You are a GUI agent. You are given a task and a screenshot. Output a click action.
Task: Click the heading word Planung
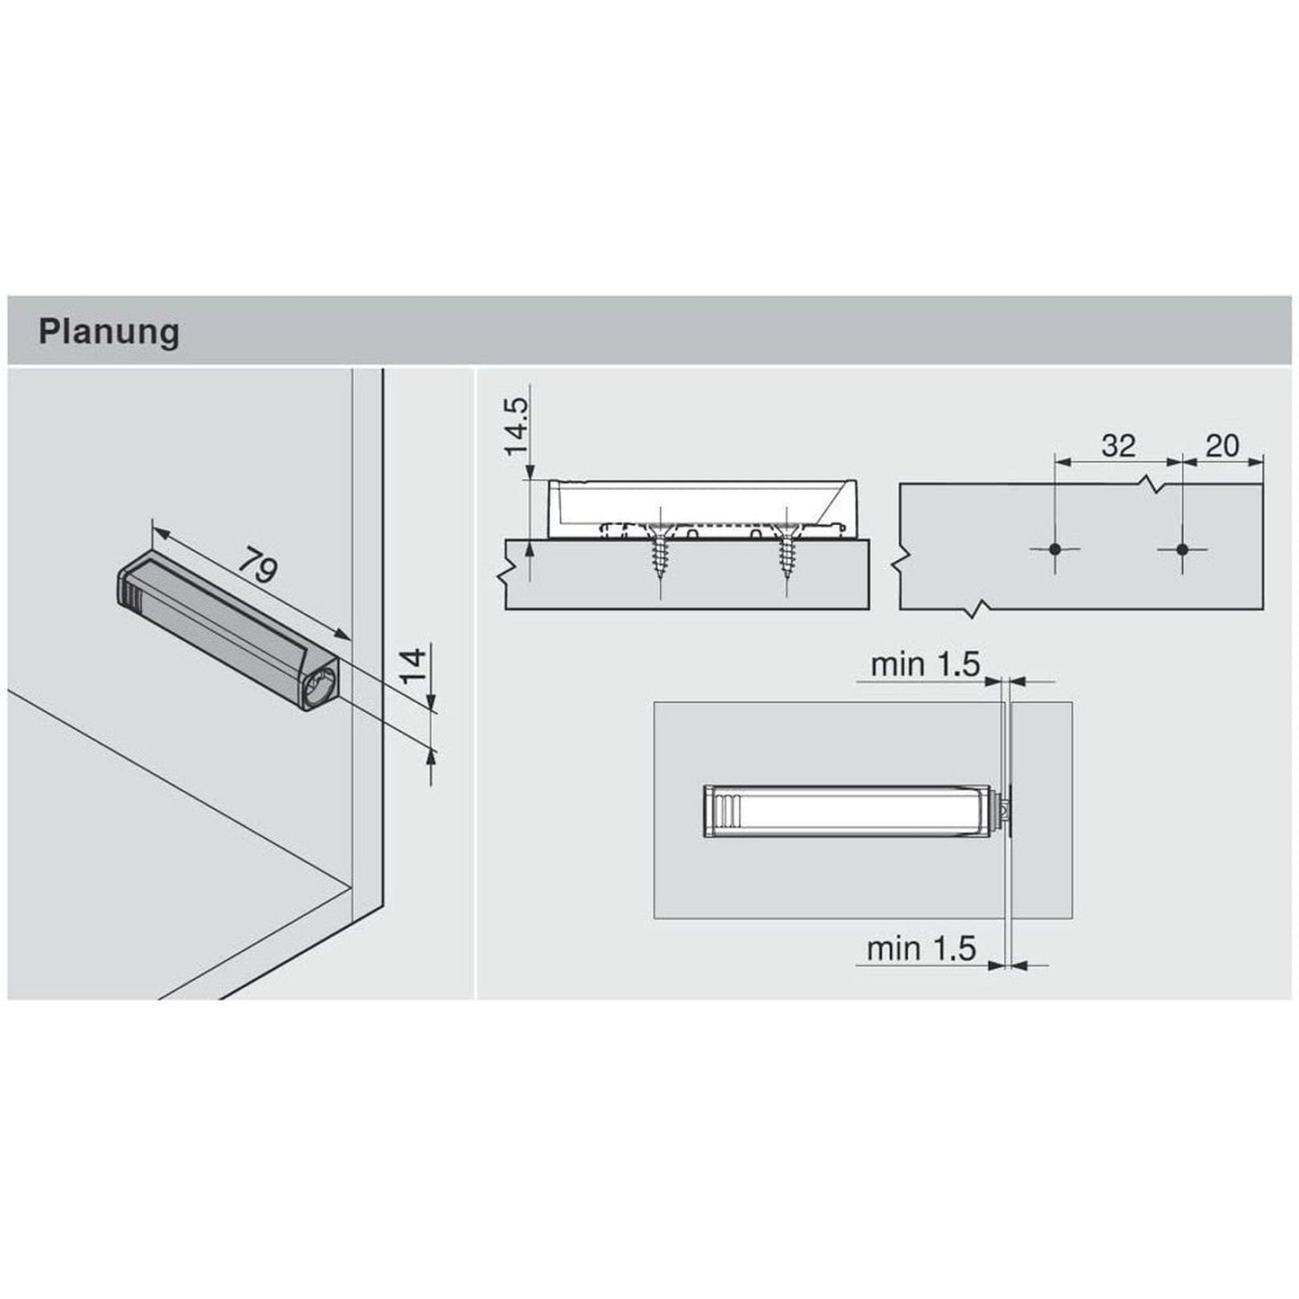coord(108,332)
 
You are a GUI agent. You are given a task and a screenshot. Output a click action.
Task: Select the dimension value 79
coord(258,568)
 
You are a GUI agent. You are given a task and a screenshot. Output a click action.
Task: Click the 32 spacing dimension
coord(1117,445)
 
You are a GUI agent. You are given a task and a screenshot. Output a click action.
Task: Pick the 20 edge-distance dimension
coord(1221,445)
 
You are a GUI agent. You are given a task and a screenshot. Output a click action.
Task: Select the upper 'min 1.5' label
coord(924,664)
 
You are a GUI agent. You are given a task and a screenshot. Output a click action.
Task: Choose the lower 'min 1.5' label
coord(921,948)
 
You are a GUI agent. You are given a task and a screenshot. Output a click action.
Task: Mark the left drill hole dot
coord(1055,548)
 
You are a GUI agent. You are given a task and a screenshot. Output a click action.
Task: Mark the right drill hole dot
coord(1181,548)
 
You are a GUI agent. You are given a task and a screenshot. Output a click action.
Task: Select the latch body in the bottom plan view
coord(845,809)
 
